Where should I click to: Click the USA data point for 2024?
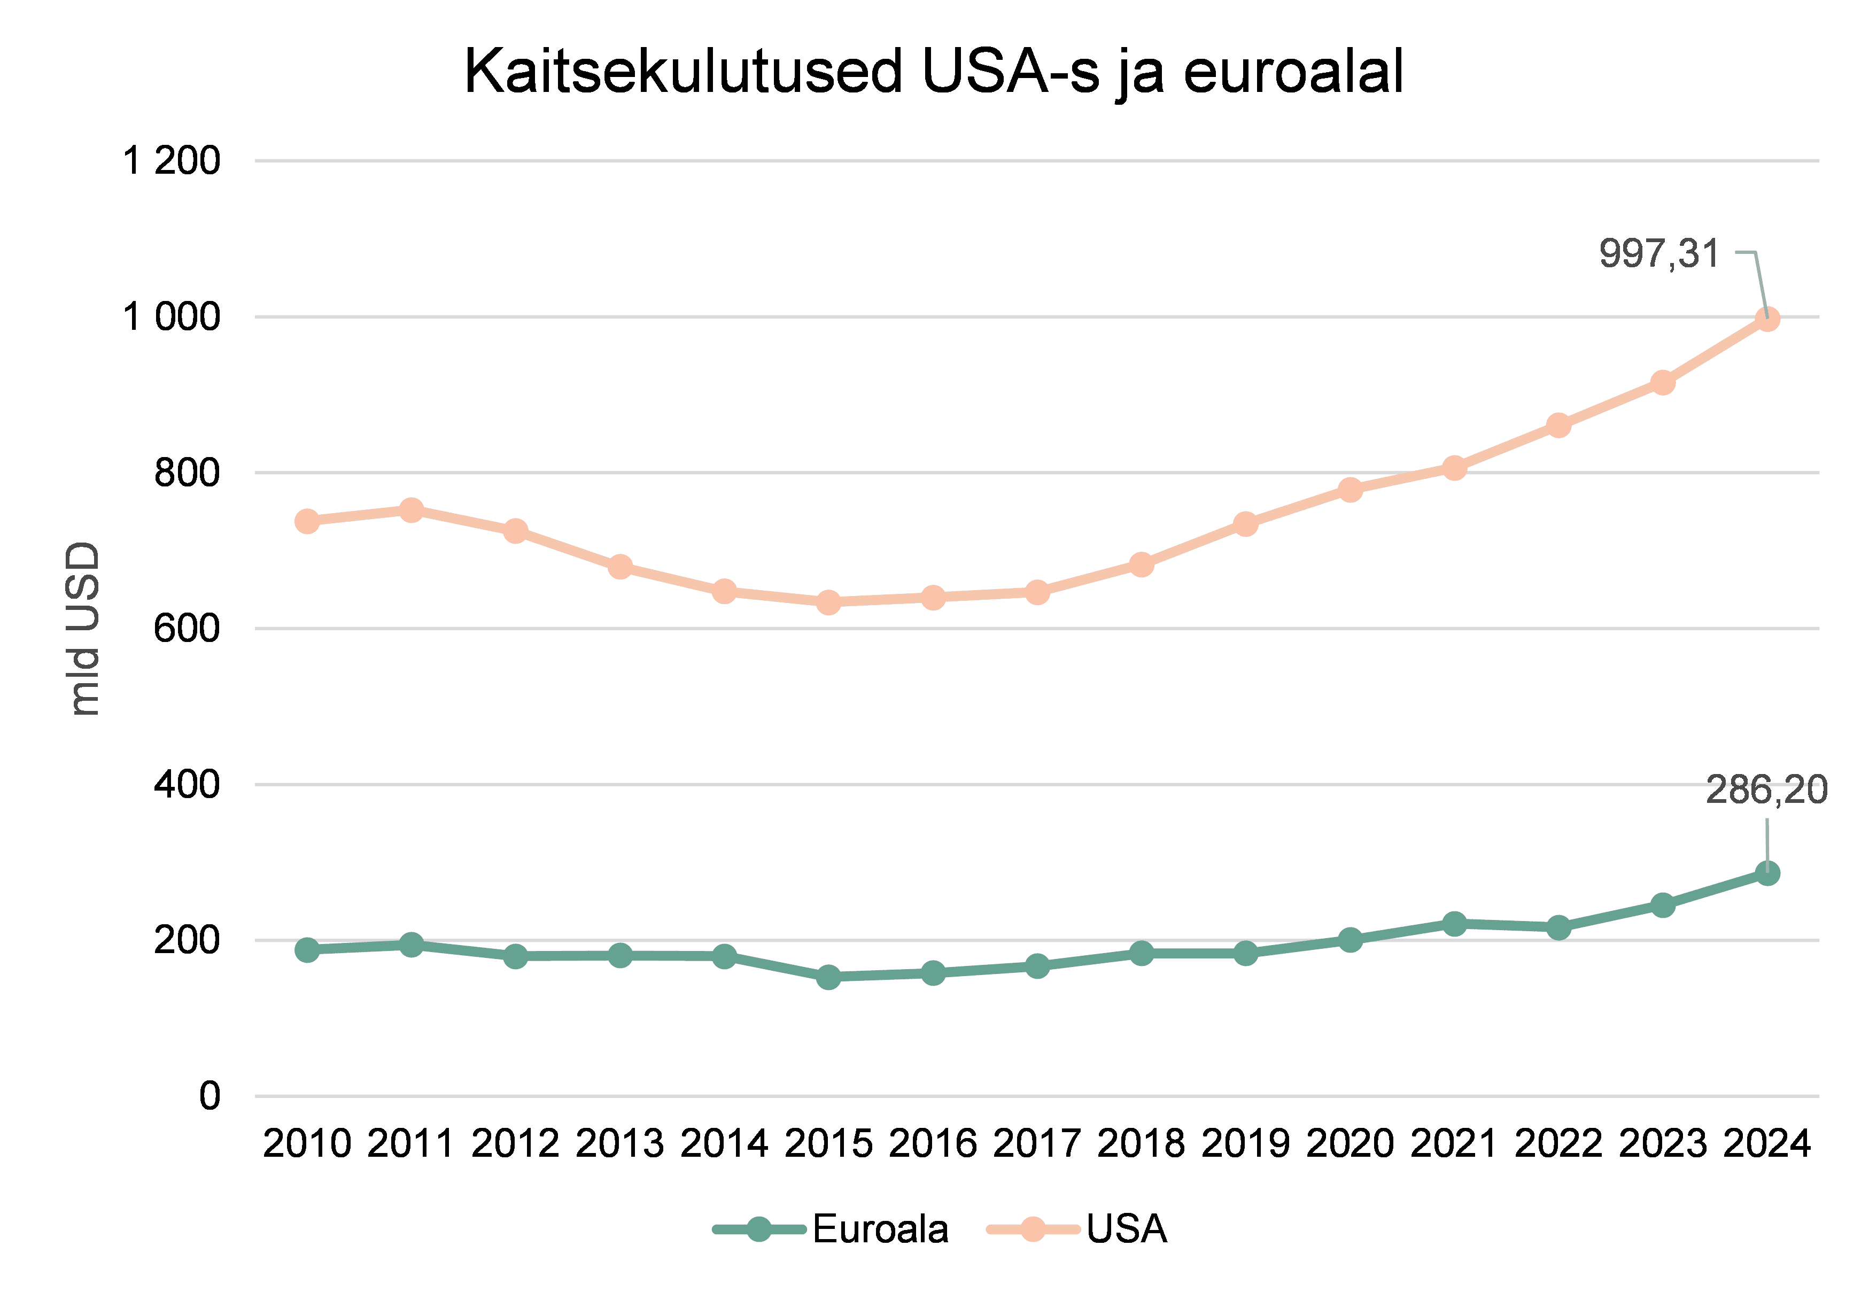(1767, 319)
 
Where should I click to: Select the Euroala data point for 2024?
(1767, 873)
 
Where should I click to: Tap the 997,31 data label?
(1658, 253)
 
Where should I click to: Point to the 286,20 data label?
(1766, 790)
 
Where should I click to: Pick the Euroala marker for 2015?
(828, 977)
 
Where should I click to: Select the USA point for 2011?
(411, 510)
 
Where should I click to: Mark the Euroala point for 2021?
(1454, 924)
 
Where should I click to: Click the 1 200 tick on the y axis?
(171, 160)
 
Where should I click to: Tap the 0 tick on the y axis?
(210, 1096)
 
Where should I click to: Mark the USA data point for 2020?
(1350, 490)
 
